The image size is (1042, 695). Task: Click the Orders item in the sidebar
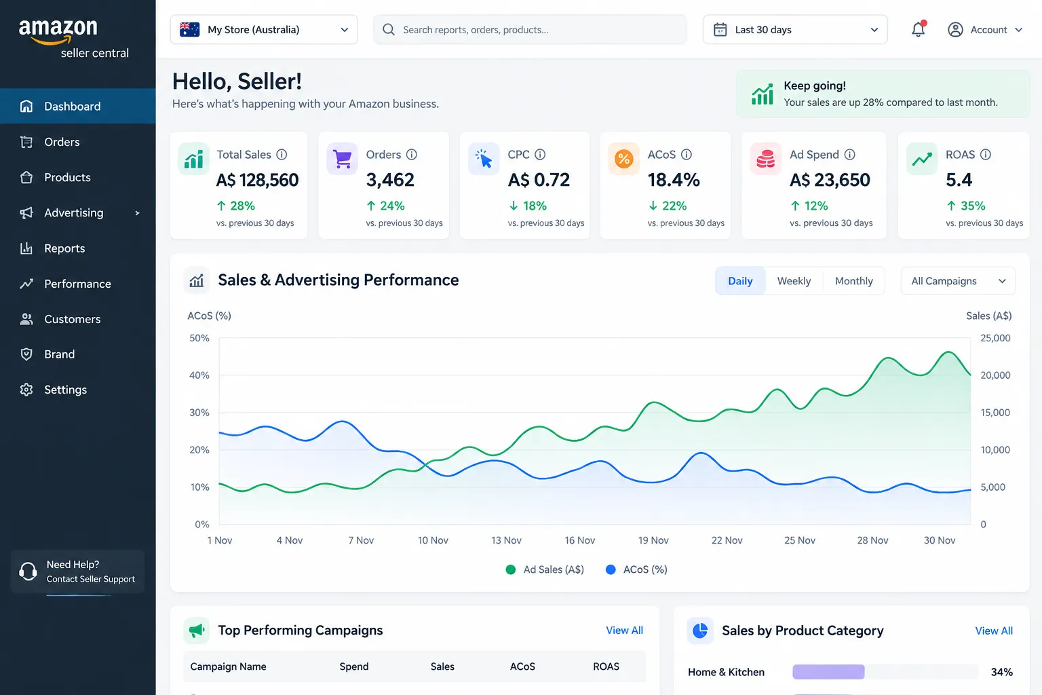(62, 142)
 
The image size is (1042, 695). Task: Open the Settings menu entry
(65, 390)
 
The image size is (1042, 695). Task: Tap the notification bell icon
(918, 29)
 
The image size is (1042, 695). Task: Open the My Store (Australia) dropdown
(264, 30)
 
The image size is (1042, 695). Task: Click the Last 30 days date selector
(795, 30)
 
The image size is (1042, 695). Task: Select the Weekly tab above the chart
(794, 281)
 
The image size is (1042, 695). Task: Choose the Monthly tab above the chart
(853, 281)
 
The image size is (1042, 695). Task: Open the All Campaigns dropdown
(958, 281)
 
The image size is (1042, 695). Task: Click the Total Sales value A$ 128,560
(257, 180)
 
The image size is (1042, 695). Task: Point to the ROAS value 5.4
(959, 180)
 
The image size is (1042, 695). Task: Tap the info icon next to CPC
(539, 155)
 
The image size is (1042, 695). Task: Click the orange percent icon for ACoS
(623, 159)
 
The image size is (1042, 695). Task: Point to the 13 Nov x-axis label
(506, 540)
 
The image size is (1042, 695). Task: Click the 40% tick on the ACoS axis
(199, 375)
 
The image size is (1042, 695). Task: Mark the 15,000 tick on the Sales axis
(995, 413)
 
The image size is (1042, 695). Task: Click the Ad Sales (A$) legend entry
(545, 570)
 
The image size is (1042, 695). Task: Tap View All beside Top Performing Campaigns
(624, 631)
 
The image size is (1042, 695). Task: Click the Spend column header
(353, 666)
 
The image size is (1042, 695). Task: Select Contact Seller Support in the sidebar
(91, 579)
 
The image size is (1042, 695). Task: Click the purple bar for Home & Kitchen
(828, 672)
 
